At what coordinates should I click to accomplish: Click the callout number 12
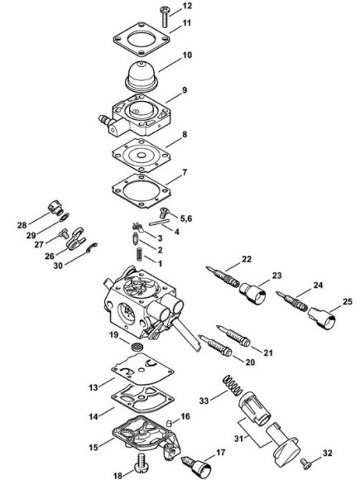coord(187,6)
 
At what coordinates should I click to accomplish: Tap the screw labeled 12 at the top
coord(165,17)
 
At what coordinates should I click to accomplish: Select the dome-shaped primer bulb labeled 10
coord(142,76)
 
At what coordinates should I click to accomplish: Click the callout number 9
coord(185,90)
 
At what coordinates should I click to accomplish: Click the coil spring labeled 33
coord(233,385)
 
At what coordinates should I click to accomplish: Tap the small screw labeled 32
coord(305,463)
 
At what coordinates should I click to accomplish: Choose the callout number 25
coord(348,302)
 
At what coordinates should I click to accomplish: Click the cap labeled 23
coord(252,293)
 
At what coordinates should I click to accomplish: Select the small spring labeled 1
coord(140,254)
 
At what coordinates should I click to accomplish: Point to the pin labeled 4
coord(159,221)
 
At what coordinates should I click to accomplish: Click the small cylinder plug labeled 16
coord(168,424)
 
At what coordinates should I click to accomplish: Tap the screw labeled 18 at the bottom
coord(142,463)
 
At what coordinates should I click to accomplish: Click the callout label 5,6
coord(186,218)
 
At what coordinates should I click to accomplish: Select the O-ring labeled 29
coord(65,217)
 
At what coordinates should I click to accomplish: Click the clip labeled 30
coord(92,247)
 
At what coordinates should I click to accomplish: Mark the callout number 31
coord(239,439)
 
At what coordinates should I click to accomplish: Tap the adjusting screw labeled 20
coord(215,345)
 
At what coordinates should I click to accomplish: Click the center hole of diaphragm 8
coord(142,156)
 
